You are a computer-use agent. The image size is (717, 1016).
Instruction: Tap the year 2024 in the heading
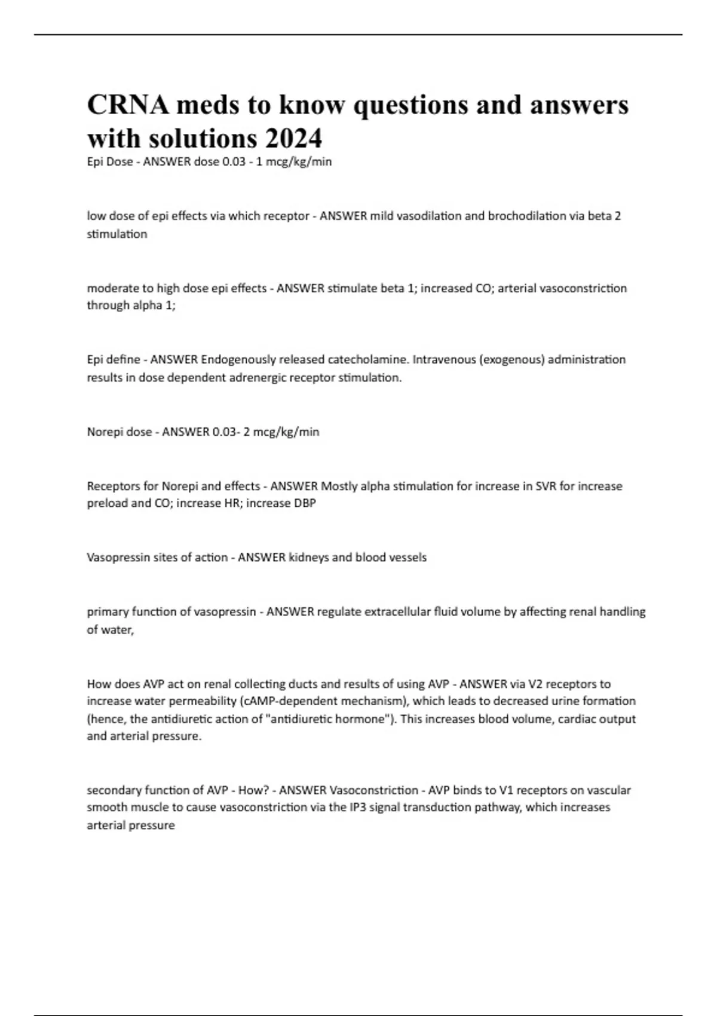[293, 139]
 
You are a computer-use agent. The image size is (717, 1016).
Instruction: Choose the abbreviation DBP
[305, 503]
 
